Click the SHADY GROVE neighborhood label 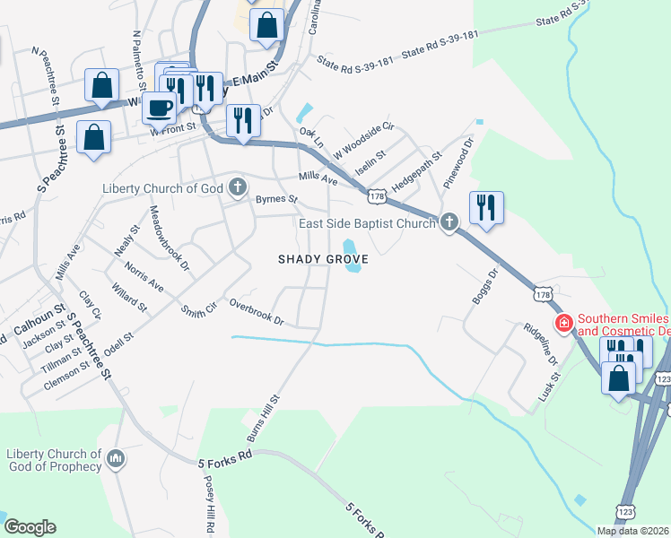click(323, 259)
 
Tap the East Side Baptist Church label click(367, 223)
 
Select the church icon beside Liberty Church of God click(238, 187)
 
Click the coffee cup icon click(159, 108)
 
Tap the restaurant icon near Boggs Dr click(485, 208)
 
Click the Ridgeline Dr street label click(541, 343)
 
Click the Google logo click(29, 527)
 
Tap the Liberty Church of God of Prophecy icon click(115, 460)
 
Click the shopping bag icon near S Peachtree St click(93, 137)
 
